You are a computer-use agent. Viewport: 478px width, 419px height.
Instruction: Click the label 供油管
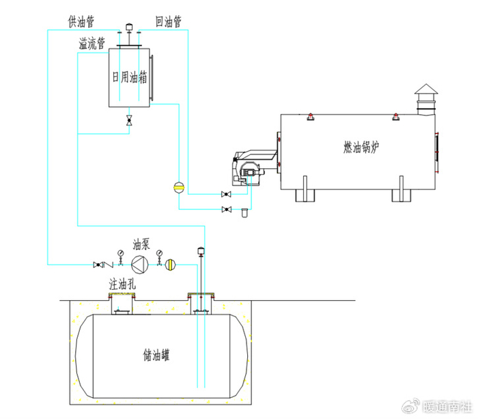coord(81,22)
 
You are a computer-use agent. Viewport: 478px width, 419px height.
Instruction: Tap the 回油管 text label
coord(169,22)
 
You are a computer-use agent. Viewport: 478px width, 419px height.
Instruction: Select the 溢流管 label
coord(92,43)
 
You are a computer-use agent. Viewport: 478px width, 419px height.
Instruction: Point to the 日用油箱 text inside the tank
coord(130,77)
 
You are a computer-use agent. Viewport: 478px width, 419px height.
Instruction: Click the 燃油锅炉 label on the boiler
coord(361,147)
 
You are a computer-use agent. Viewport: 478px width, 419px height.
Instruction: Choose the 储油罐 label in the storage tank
coord(156,355)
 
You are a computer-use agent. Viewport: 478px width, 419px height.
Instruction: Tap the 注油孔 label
coord(122,284)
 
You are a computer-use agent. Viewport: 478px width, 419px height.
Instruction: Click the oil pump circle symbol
coord(140,265)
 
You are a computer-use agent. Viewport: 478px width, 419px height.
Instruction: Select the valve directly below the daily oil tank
coord(129,120)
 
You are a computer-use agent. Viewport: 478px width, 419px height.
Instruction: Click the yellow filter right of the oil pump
coord(171,265)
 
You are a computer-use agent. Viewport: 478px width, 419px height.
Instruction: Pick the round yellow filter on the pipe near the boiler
coord(179,187)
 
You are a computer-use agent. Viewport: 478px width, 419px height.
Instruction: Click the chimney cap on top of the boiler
coord(426,89)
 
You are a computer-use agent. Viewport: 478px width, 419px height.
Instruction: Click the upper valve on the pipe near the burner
coord(226,194)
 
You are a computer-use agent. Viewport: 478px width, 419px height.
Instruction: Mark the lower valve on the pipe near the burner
coord(226,209)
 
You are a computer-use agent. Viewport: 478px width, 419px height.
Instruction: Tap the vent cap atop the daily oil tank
coord(129,27)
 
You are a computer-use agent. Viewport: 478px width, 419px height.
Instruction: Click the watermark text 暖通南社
coord(447,406)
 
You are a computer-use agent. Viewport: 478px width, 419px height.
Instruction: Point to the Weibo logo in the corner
coord(411,406)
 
